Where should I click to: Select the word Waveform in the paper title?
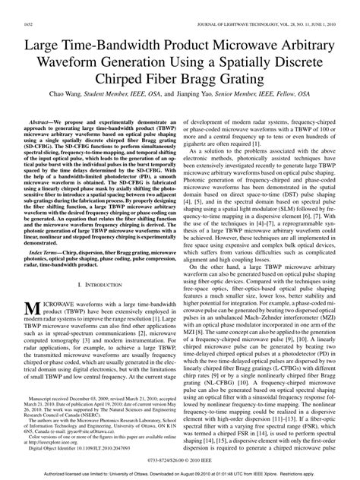coord(80,45)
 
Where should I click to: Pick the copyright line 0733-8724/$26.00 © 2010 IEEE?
coord(179,462)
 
